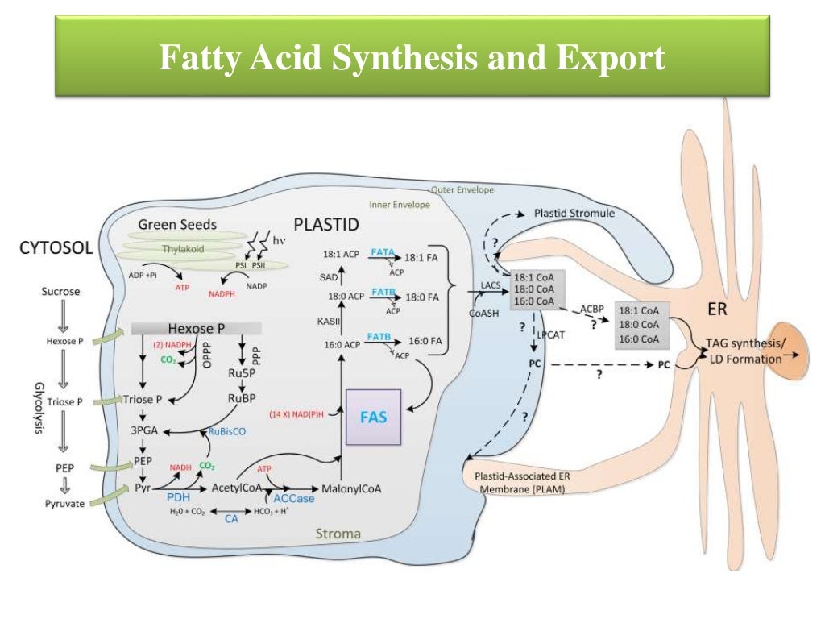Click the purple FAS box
(374, 417)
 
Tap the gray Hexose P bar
(195, 328)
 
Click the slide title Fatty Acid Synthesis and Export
(412, 59)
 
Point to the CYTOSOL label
(56, 250)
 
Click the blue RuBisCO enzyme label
(226, 432)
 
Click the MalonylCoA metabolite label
(351, 488)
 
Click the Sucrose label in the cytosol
(61, 291)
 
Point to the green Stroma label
(338, 534)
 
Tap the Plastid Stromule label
(574, 214)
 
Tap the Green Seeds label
(177, 225)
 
